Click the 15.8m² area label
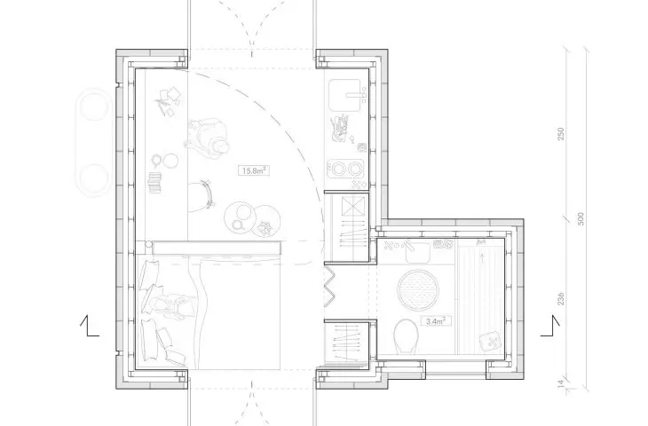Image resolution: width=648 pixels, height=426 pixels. [254, 170]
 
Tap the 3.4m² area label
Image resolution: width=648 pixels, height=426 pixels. [436, 320]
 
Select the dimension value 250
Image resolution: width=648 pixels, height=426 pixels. [561, 133]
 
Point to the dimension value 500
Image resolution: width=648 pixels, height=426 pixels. [581, 218]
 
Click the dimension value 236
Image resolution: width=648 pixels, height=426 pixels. [561, 299]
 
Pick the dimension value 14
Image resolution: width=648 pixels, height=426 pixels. [561, 383]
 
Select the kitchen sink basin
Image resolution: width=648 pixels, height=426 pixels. [345, 96]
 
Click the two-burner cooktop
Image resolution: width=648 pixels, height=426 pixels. [346, 169]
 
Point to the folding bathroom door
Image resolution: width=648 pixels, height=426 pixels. [329, 286]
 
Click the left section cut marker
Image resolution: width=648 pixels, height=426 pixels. [90, 326]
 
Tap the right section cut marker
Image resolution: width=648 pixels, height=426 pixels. [550, 326]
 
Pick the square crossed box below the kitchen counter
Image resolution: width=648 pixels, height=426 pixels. [354, 206]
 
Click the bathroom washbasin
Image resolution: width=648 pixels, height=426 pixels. [418, 252]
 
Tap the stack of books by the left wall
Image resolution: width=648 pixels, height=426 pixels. [155, 183]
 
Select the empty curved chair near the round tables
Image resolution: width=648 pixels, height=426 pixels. [207, 193]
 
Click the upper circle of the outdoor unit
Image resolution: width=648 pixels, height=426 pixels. [95, 107]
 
